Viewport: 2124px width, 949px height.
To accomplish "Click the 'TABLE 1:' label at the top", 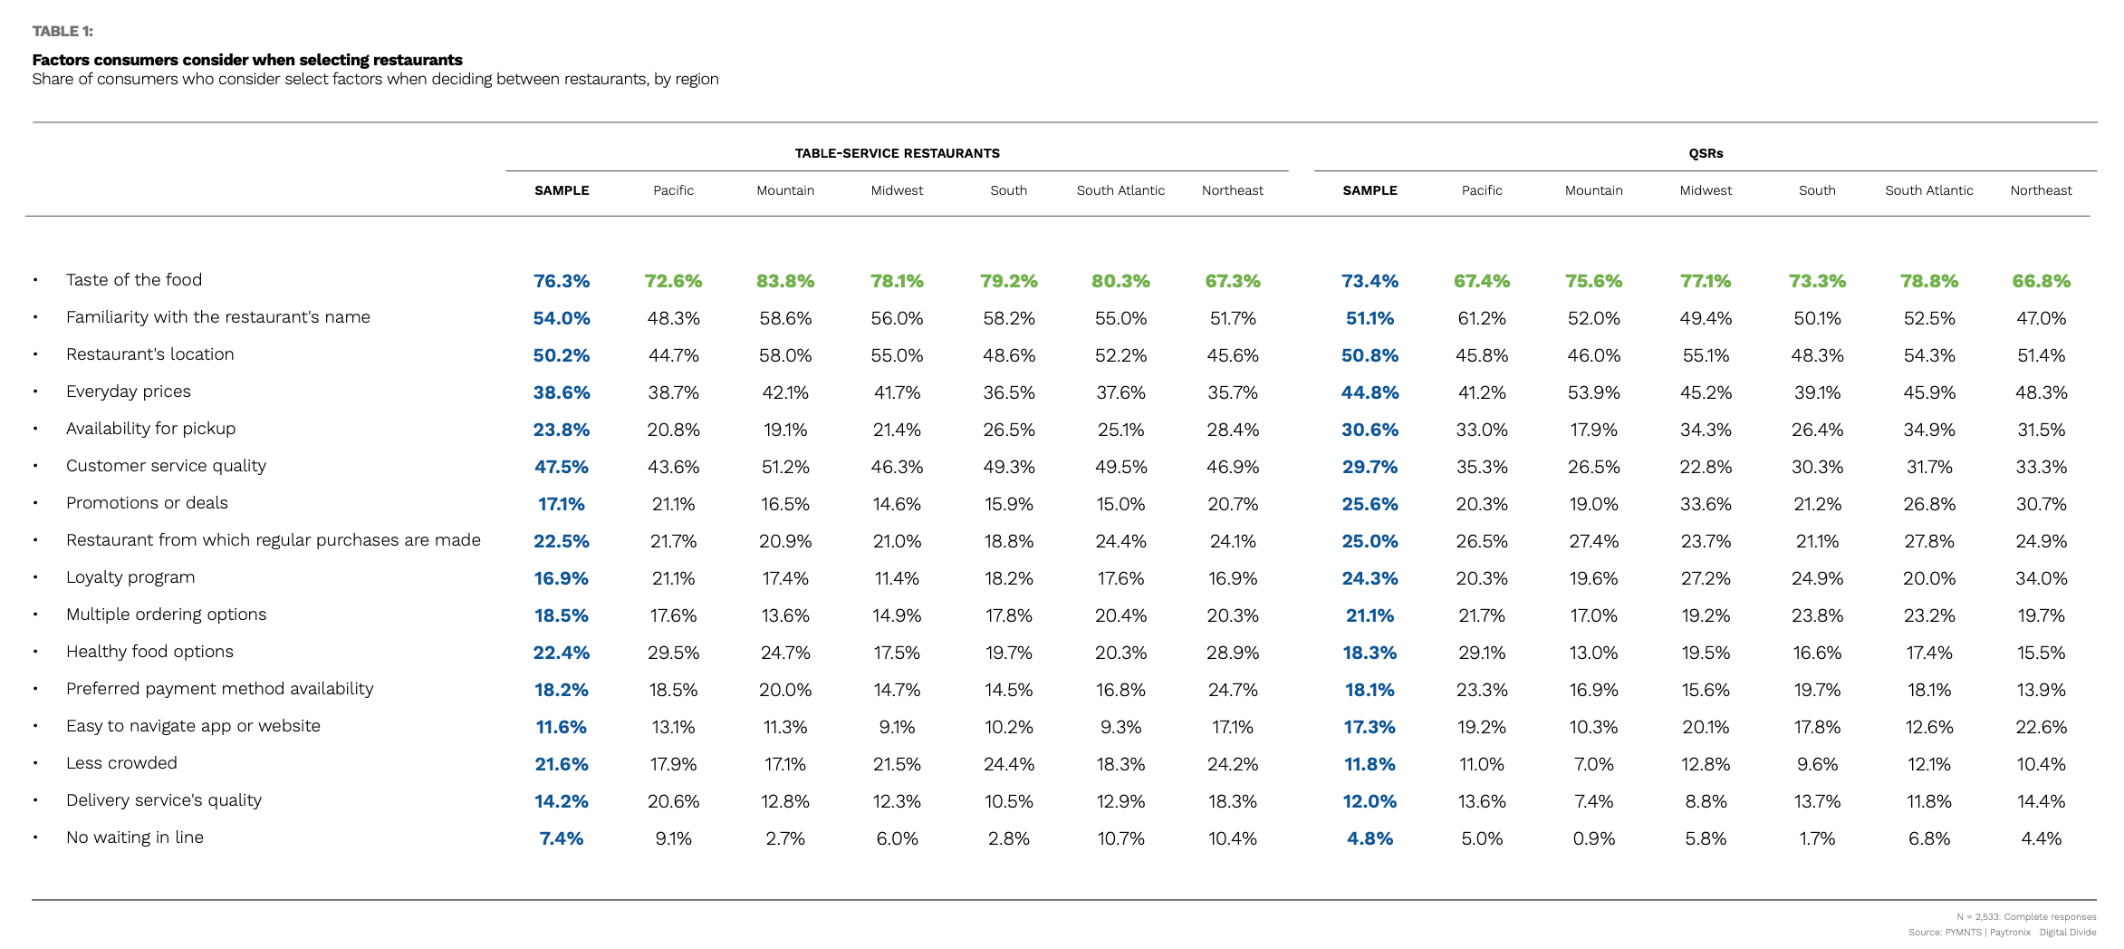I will pyautogui.click(x=62, y=32).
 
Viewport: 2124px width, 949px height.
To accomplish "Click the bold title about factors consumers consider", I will pyautogui.click(x=247, y=60).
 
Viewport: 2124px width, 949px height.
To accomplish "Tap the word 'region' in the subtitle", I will pyautogui.click(x=697, y=79).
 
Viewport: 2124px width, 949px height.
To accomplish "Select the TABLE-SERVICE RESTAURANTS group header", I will pyautogui.click(x=897, y=153).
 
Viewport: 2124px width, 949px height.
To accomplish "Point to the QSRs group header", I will pyautogui.click(x=1706, y=153).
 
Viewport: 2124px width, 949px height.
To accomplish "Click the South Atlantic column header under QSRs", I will pyautogui.click(x=1928, y=190).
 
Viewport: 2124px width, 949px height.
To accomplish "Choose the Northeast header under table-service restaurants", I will pyautogui.click(x=1232, y=190).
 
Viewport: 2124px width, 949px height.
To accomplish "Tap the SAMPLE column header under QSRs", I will pyautogui.click(x=1370, y=190).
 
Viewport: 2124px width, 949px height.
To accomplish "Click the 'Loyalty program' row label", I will pyautogui.click(x=130, y=577).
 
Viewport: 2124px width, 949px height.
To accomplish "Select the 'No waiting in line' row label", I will pyautogui.click(x=135, y=838).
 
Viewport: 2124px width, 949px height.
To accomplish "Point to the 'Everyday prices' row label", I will pyautogui.click(x=129, y=392).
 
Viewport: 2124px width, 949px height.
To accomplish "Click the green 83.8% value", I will pyautogui.click(x=785, y=282).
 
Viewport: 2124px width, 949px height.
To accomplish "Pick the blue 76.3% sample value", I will pyautogui.click(x=562, y=282).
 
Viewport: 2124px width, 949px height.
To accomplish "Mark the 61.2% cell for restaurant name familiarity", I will pyautogui.click(x=1482, y=319).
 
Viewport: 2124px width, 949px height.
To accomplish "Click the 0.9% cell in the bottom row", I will pyautogui.click(x=1593, y=839).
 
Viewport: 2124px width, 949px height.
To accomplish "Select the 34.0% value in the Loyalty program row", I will pyautogui.click(x=2041, y=579).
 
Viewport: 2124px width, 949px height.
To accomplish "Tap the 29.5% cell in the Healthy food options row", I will pyautogui.click(x=673, y=654).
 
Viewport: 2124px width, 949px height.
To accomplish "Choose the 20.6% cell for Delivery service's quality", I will pyautogui.click(x=673, y=802).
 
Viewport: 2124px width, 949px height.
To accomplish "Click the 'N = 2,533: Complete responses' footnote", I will pyautogui.click(x=2026, y=917).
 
